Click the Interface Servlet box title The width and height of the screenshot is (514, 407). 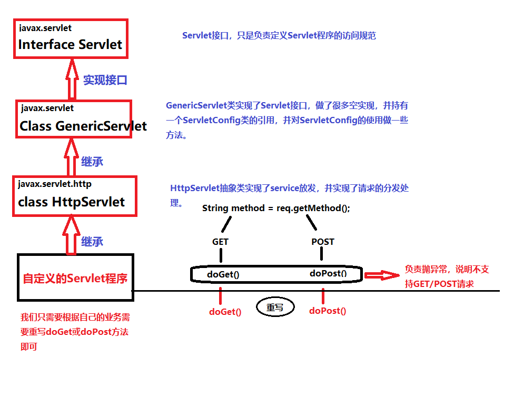pyautogui.click(x=70, y=45)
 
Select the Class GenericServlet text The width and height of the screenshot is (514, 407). pyautogui.click(x=83, y=126)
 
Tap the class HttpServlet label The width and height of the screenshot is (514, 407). pyautogui.click(x=71, y=202)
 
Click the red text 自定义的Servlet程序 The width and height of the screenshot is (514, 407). pyautogui.click(x=75, y=278)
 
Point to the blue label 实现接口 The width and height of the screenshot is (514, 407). pyautogui.click(x=105, y=81)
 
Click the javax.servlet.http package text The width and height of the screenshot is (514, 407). pyautogui.click(x=55, y=184)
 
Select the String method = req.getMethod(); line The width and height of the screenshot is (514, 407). pyautogui.click(x=276, y=208)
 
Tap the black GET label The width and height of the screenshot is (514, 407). pyautogui.click(x=220, y=242)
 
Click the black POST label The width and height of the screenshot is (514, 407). pyautogui.click(x=323, y=242)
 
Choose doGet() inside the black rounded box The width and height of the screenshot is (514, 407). pyautogui.click(x=224, y=274)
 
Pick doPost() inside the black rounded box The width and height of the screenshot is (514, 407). pyautogui.click(x=328, y=273)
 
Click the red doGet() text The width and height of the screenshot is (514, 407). pyautogui.click(x=225, y=312)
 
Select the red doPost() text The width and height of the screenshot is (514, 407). pyautogui.click(x=328, y=311)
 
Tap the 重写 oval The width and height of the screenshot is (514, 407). pyautogui.click(x=275, y=307)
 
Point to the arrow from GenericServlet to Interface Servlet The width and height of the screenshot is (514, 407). pyautogui.click(x=71, y=79)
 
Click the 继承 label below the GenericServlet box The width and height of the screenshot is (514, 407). pyautogui.click(x=92, y=162)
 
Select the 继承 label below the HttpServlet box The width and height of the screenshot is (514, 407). pyautogui.click(x=92, y=242)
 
